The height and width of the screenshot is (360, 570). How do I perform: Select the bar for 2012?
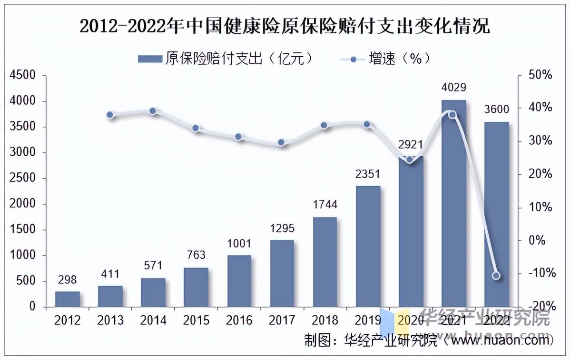[68, 299]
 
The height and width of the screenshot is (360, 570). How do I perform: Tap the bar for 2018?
[325, 262]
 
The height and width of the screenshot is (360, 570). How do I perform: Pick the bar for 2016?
[239, 281]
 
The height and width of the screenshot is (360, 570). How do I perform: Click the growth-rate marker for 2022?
[496, 276]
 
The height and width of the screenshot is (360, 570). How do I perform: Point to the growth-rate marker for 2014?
[153, 111]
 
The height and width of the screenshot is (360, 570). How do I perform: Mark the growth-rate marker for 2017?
[281, 142]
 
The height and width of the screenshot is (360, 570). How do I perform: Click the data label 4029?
[453, 88]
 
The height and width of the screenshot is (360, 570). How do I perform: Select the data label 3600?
[496, 109]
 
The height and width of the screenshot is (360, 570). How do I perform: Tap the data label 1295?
[282, 229]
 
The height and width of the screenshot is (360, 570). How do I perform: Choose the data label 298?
[67, 280]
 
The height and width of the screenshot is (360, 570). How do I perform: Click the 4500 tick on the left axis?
[23, 75]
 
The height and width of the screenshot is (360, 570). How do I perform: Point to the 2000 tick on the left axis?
[23, 204]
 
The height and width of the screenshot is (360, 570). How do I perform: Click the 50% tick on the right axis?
[541, 75]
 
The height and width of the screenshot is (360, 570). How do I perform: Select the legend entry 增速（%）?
[385, 59]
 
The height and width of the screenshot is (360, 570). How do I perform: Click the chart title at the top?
[285, 26]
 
